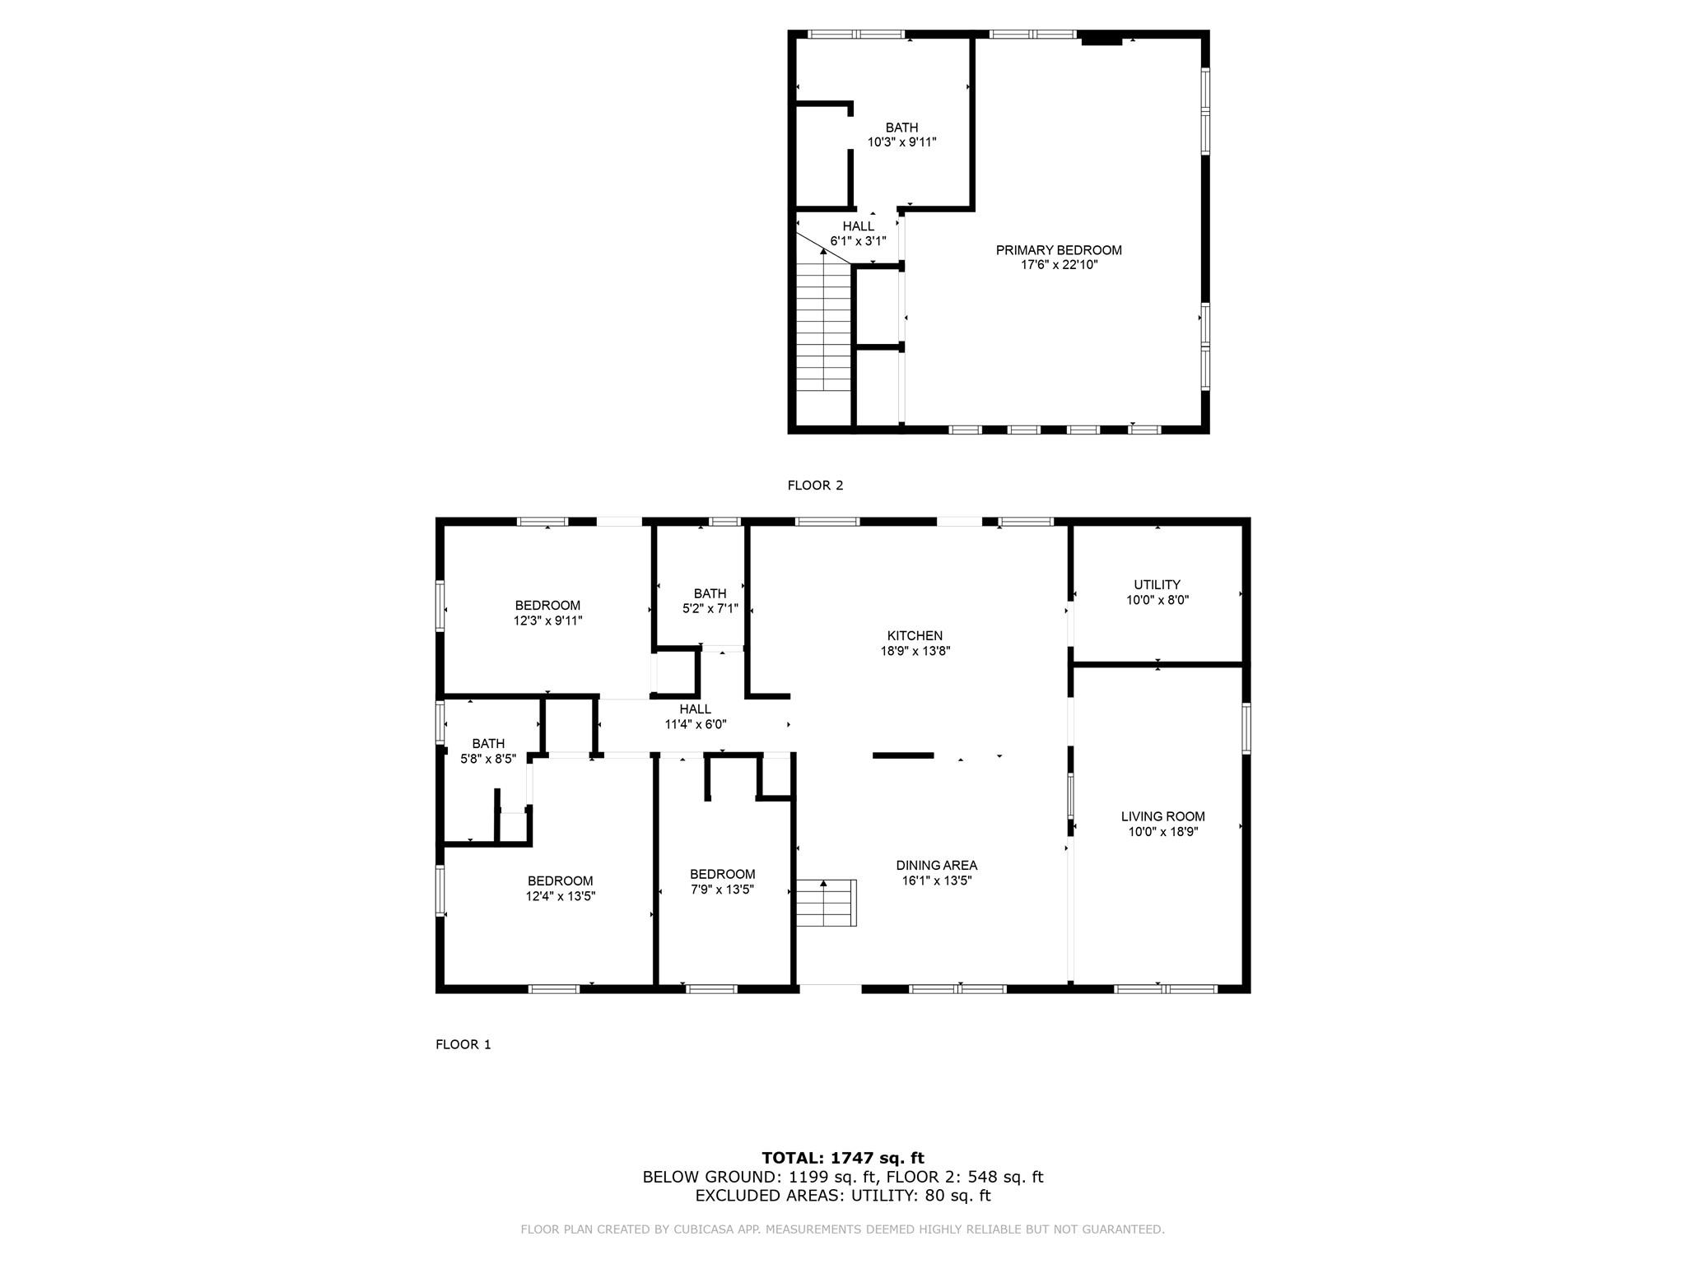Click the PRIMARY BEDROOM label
[x=1059, y=250]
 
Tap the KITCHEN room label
[x=915, y=635]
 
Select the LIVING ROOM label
[x=1162, y=816]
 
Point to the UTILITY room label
[x=1157, y=585]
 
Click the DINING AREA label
[x=937, y=865]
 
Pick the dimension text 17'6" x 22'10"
[x=1059, y=265]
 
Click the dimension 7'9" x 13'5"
[x=722, y=890]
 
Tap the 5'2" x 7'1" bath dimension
[x=710, y=609]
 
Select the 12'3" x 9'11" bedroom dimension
[x=547, y=621]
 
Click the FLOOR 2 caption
[x=815, y=486]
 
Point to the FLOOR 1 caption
[x=463, y=1044]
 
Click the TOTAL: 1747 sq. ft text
[x=842, y=1158]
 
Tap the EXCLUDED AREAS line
[x=842, y=1196]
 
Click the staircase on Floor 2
[x=823, y=329]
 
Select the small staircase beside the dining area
[x=825, y=903]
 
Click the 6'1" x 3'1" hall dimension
[x=858, y=241]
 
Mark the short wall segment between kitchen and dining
[x=903, y=755]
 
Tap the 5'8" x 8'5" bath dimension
[x=488, y=759]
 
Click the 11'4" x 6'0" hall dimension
[x=696, y=724]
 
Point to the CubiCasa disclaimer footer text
[x=842, y=1229]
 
